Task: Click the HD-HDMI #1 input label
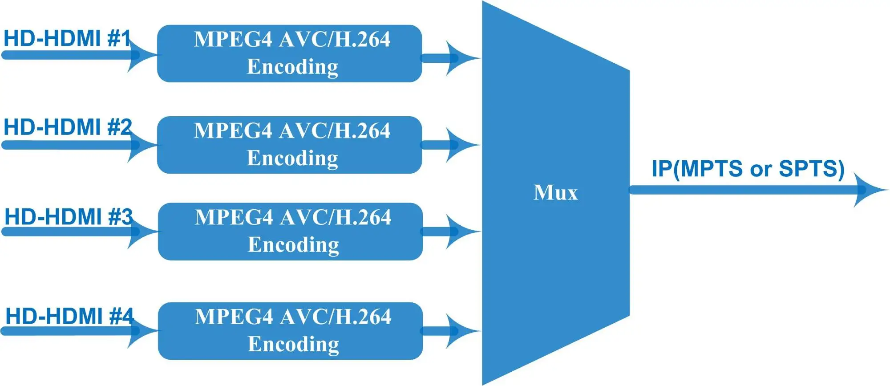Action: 67,38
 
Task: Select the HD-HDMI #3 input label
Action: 68,217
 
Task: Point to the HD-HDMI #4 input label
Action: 69,317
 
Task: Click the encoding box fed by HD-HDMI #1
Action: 290,53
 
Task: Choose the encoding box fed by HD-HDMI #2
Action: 290,145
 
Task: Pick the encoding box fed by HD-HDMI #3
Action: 291,232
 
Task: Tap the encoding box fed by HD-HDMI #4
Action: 291,331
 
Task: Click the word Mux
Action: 555,193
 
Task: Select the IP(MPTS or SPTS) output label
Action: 748,169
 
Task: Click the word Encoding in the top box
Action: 292,67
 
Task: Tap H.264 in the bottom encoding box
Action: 362,317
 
